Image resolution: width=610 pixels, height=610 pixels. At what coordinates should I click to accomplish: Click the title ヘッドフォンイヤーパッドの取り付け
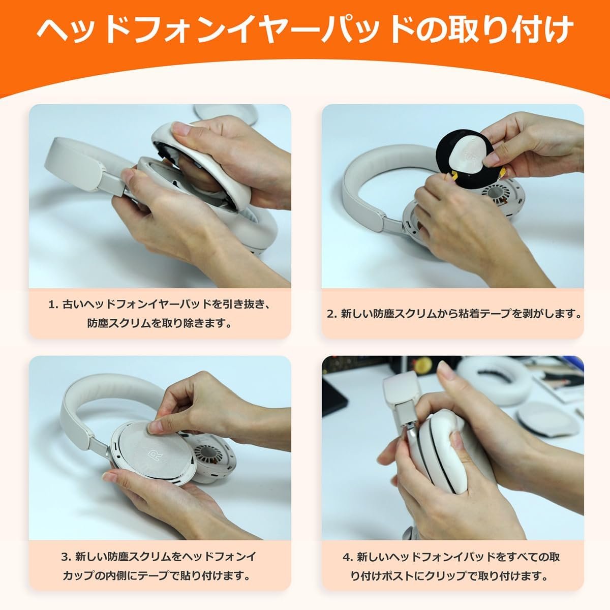pyautogui.click(x=305, y=32)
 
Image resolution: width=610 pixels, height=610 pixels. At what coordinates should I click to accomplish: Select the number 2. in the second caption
pyautogui.click(x=332, y=314)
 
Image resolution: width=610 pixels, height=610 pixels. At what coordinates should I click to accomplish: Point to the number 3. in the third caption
pyautogui.click(x=66, y=557)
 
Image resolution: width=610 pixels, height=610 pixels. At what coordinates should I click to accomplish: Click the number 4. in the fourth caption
pyautogui.click(x=348, y=557)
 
